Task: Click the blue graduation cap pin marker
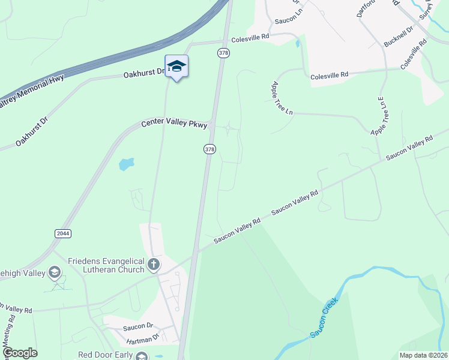(x=176, y=66)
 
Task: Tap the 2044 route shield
(x=62, y=233)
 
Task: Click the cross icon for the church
(x=154, y=263)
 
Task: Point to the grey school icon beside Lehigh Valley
(x=55, y=273)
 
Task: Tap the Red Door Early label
(x=105, y=355)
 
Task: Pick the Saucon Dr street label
(x=138, y=326)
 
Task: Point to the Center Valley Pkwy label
(x=174, y=124)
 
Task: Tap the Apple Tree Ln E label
(x=377, y=116)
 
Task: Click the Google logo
(x=20, y=353)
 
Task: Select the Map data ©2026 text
(x=423, y=355)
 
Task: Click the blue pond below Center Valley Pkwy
(x=126, y=164)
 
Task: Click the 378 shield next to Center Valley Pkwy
(x=209, y=149)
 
